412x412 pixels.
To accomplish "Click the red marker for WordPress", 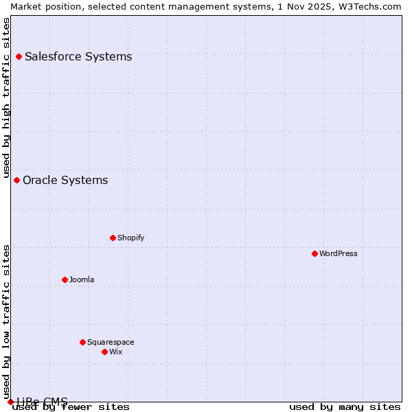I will coord(314,253).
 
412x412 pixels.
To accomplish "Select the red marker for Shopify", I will coord(113,238).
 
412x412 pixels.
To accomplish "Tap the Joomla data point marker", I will coord(65,279).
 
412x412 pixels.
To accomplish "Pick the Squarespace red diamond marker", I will coord(82,342).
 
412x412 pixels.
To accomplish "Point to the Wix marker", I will coord(104,352).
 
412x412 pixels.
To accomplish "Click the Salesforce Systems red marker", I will coord(19,56).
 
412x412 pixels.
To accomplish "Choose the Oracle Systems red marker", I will coord(16,180).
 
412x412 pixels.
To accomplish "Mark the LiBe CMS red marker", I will coord(10,402).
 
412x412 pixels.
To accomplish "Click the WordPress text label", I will coord(339,253).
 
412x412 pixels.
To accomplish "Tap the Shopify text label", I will coord(130,238).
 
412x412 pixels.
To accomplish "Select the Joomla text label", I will coord(82,279).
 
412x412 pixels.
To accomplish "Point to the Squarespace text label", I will coord(111,342).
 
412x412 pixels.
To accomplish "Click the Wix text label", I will coord(116,352).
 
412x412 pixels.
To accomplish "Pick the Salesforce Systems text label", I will coord(78,56).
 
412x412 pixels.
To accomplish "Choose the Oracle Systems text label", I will coord(65,180).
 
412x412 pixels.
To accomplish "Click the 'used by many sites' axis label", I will coord(345,407).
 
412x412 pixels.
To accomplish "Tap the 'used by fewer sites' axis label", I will coord(71,407).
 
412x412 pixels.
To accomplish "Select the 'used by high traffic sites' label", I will coord(6,98).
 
